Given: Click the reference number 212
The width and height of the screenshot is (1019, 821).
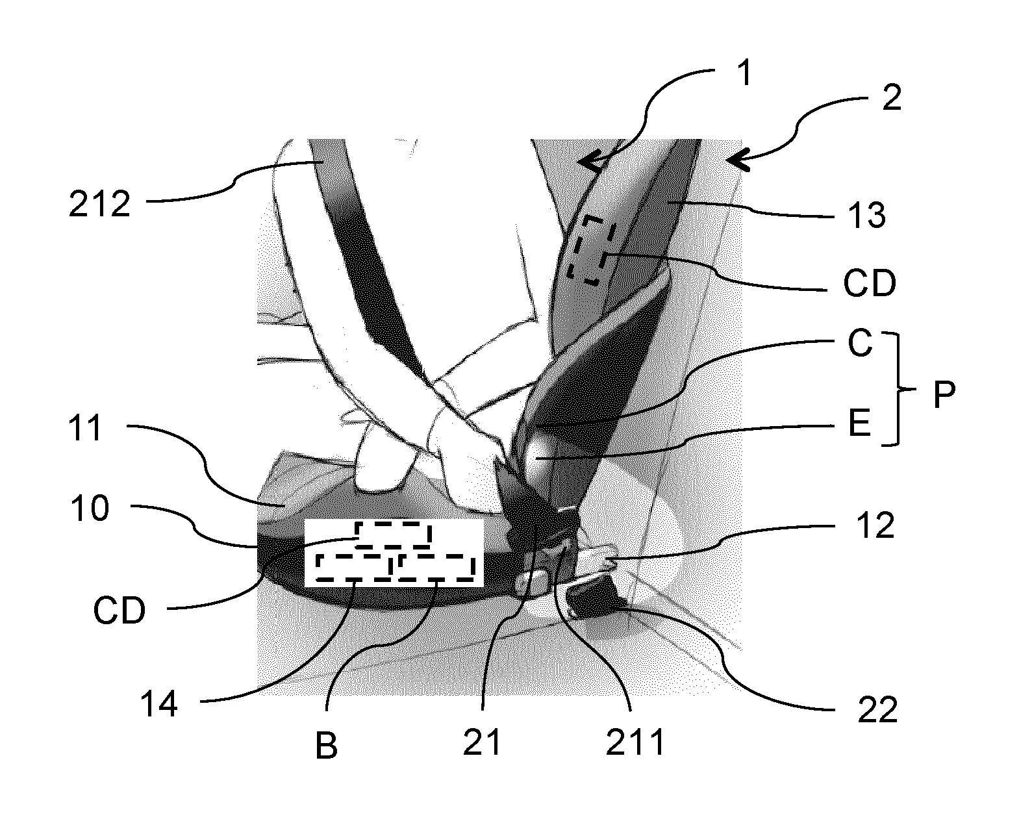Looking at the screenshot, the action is pyautogui.click(x=99, y=205).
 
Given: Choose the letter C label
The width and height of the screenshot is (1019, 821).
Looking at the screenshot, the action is pyautogui.click(x=860, y=344).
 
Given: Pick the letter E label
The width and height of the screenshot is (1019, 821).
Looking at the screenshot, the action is pyautogui.click(x=859, y=423).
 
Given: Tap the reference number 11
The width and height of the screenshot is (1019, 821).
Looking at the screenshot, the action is pyautogui.click(x=85, y=428).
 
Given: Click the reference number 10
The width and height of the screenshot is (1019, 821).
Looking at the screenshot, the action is pyautogui.click(x=90, y=509).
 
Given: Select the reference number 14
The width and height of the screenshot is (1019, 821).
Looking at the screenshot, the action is pyautogui.click(x=159, y=704).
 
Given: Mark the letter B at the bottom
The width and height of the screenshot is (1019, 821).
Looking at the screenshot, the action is pyautogui.click(x=326, y=746).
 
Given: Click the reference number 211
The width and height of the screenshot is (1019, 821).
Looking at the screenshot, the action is pyautogui.click(x=635, y=742).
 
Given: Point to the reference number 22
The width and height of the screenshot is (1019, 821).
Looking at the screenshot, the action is pyautogui.click(x=877, y=710).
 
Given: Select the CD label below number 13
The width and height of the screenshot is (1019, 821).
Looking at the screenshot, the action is pyautogui.click(x=870, y=283).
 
